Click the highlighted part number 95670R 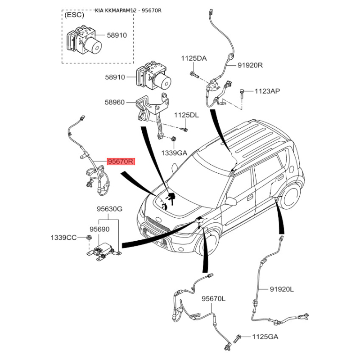[x=121, y=162]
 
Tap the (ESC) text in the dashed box [x=74, y=15]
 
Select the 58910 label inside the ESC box [x=117, y=35]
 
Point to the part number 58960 [x=115, y=102]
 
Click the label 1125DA [x=194, y=58]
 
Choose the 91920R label [x=250, y=65]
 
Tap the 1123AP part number [x=267, y=91]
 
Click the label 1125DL [x=186, y=115]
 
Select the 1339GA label [x=174, y=153]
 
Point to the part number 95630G [x=109, y=209]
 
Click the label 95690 [x=99, y=229]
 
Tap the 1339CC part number [x=63, y=238]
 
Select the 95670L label [x=213, y=299]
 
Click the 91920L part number [x=282, y=289]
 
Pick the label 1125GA [x=265, y=337]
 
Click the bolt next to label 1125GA [x=237, y=339]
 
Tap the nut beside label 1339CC [x=89, y=238]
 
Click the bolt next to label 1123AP [x=242, y=93]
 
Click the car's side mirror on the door [x=231, y=201]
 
